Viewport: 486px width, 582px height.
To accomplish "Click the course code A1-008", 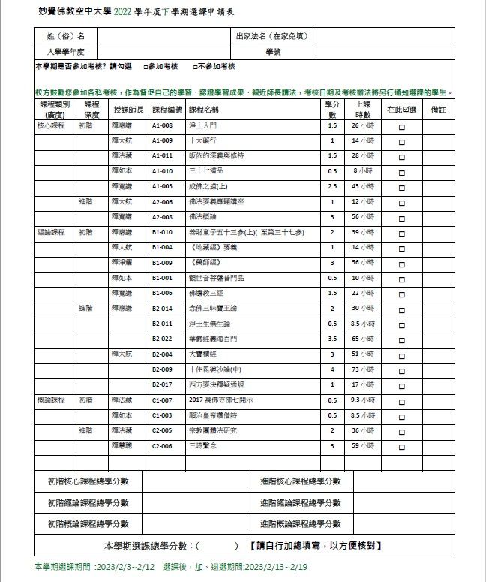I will (x=162, y=125).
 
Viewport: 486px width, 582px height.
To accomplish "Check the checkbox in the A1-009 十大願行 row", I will (x=401, y=141).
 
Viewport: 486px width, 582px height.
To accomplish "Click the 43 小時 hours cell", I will (x=363, y=186).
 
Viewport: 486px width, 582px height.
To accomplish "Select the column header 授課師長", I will (x=127, y=110).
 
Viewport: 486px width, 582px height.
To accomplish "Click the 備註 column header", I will (x=439, y=110).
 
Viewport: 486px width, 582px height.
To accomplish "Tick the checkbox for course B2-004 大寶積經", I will (x=401, y=354).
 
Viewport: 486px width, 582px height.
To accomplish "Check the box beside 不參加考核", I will (x=195, y=67).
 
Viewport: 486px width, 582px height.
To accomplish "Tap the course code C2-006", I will (x=162, y=445).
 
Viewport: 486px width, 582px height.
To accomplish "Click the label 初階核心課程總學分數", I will (x=88, y=481).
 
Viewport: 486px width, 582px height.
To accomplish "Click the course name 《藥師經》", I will (x=205, y=263).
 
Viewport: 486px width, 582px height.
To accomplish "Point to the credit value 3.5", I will (x=332, y=339).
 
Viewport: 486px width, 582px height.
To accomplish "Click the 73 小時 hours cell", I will (x=363, y=369).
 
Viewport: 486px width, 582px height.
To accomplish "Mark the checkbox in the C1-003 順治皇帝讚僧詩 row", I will (x=401, y=415).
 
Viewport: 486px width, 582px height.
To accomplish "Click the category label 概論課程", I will (x=52, y=400).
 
